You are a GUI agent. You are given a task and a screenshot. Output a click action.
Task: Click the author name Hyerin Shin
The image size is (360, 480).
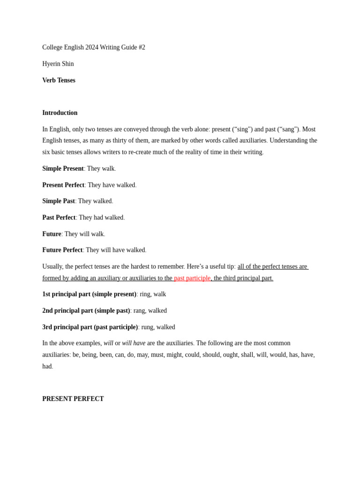click(58, 64)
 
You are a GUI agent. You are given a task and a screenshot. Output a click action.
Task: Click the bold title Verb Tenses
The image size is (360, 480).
click(59, 80)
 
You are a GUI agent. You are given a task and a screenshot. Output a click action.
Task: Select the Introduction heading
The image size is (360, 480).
click(60, 112)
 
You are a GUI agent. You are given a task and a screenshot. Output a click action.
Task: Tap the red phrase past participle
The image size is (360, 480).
click(192, 278)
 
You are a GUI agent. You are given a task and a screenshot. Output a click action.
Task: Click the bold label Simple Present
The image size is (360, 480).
click(63, 168)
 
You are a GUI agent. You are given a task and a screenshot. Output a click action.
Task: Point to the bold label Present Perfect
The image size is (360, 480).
click(63, 185)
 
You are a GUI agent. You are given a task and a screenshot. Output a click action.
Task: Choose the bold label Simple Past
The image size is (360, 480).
click(59, 201)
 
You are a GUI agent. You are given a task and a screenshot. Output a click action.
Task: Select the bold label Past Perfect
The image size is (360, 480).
click(59, 217)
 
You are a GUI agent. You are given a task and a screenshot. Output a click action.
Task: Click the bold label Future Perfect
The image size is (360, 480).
click(62, 250)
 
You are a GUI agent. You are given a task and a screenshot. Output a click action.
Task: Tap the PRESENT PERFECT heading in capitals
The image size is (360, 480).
click(73, 398)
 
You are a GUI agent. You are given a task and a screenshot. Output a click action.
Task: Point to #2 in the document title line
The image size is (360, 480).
click(142, 47)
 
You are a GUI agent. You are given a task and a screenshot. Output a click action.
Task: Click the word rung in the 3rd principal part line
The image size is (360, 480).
click(147, 327)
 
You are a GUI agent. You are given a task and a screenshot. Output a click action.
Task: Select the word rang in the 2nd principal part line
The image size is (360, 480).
click(139, 310)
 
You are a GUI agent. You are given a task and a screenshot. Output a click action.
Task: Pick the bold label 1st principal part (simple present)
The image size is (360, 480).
click(89, 294)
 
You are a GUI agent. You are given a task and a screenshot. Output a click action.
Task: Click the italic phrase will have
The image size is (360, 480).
click(134, 343)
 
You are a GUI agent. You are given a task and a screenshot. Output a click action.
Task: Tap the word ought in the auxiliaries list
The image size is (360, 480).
click(230, 355)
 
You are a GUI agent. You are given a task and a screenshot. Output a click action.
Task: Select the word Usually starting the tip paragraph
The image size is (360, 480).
click(52, 266)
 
